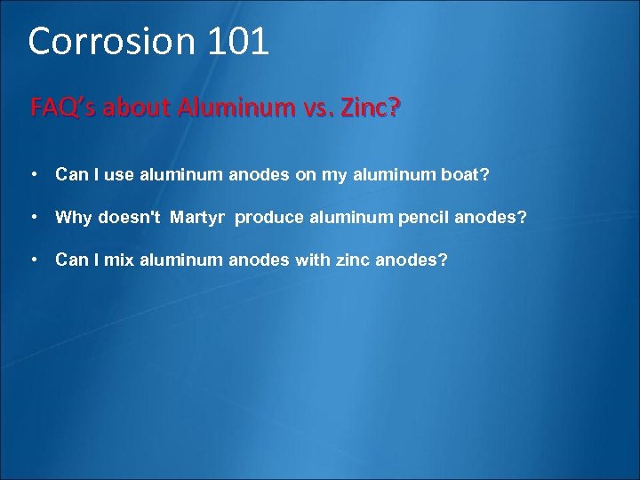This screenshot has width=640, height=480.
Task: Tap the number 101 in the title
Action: point(238,42)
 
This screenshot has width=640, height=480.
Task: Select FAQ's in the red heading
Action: point(64,108)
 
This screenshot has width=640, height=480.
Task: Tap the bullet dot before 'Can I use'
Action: point(33,175)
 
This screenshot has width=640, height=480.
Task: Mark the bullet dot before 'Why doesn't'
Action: point(33,218)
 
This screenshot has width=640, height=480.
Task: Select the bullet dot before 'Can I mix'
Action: point(33,260)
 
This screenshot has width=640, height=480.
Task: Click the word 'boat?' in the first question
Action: point(465,175)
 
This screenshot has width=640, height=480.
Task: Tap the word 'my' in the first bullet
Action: point(334,175)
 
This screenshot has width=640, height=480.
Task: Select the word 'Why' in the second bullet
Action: point(74,218)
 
